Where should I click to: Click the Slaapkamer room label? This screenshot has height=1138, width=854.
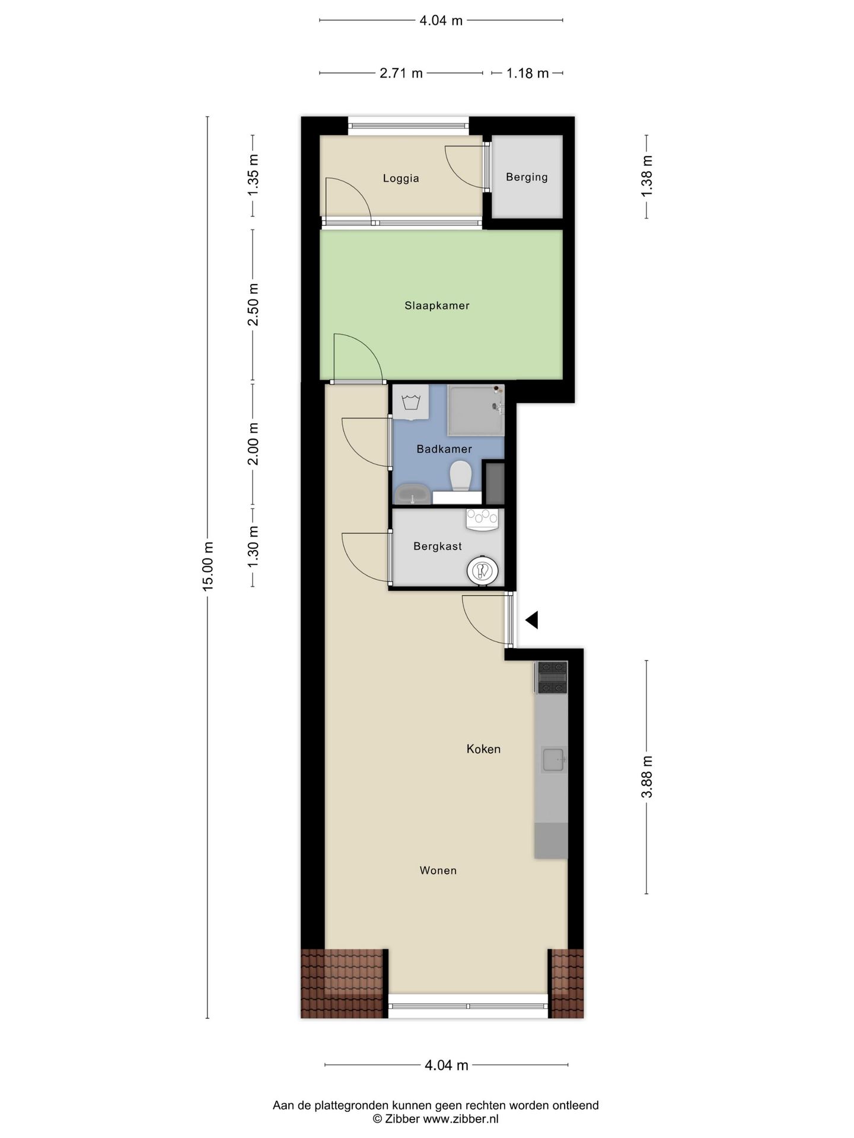click(x=437, y=306)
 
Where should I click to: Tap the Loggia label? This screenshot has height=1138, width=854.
click(x=401, y=178)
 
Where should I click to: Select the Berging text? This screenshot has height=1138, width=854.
click(x=527, y=177)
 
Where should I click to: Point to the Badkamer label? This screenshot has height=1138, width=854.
click(x=444, y=449)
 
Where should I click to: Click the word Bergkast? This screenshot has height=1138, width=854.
click(x=438, y=546)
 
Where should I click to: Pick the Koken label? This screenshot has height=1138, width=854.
click(x=483, y=749)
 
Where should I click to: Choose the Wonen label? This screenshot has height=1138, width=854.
click(x=438, y=871)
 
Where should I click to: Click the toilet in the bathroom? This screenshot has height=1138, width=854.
click(x=461, y=477)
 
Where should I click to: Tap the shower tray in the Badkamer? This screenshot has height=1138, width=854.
click(x=476, y=410)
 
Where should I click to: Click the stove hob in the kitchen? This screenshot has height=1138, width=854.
click(x=552, y=677)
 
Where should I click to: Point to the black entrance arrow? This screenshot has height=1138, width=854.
click(x=531, y=620)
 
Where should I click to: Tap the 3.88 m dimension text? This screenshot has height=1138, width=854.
click(x=647, y=776)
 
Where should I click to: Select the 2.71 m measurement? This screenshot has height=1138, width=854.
click(x=401, y=73)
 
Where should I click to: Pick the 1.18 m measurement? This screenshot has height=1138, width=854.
click(x=527, y=73)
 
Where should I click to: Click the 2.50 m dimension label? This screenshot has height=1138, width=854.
click(x=253, y=305)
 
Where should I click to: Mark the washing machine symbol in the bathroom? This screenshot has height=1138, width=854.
click(x=411, y=402)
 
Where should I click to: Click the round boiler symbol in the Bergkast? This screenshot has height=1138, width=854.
click(x=482, y=571)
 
